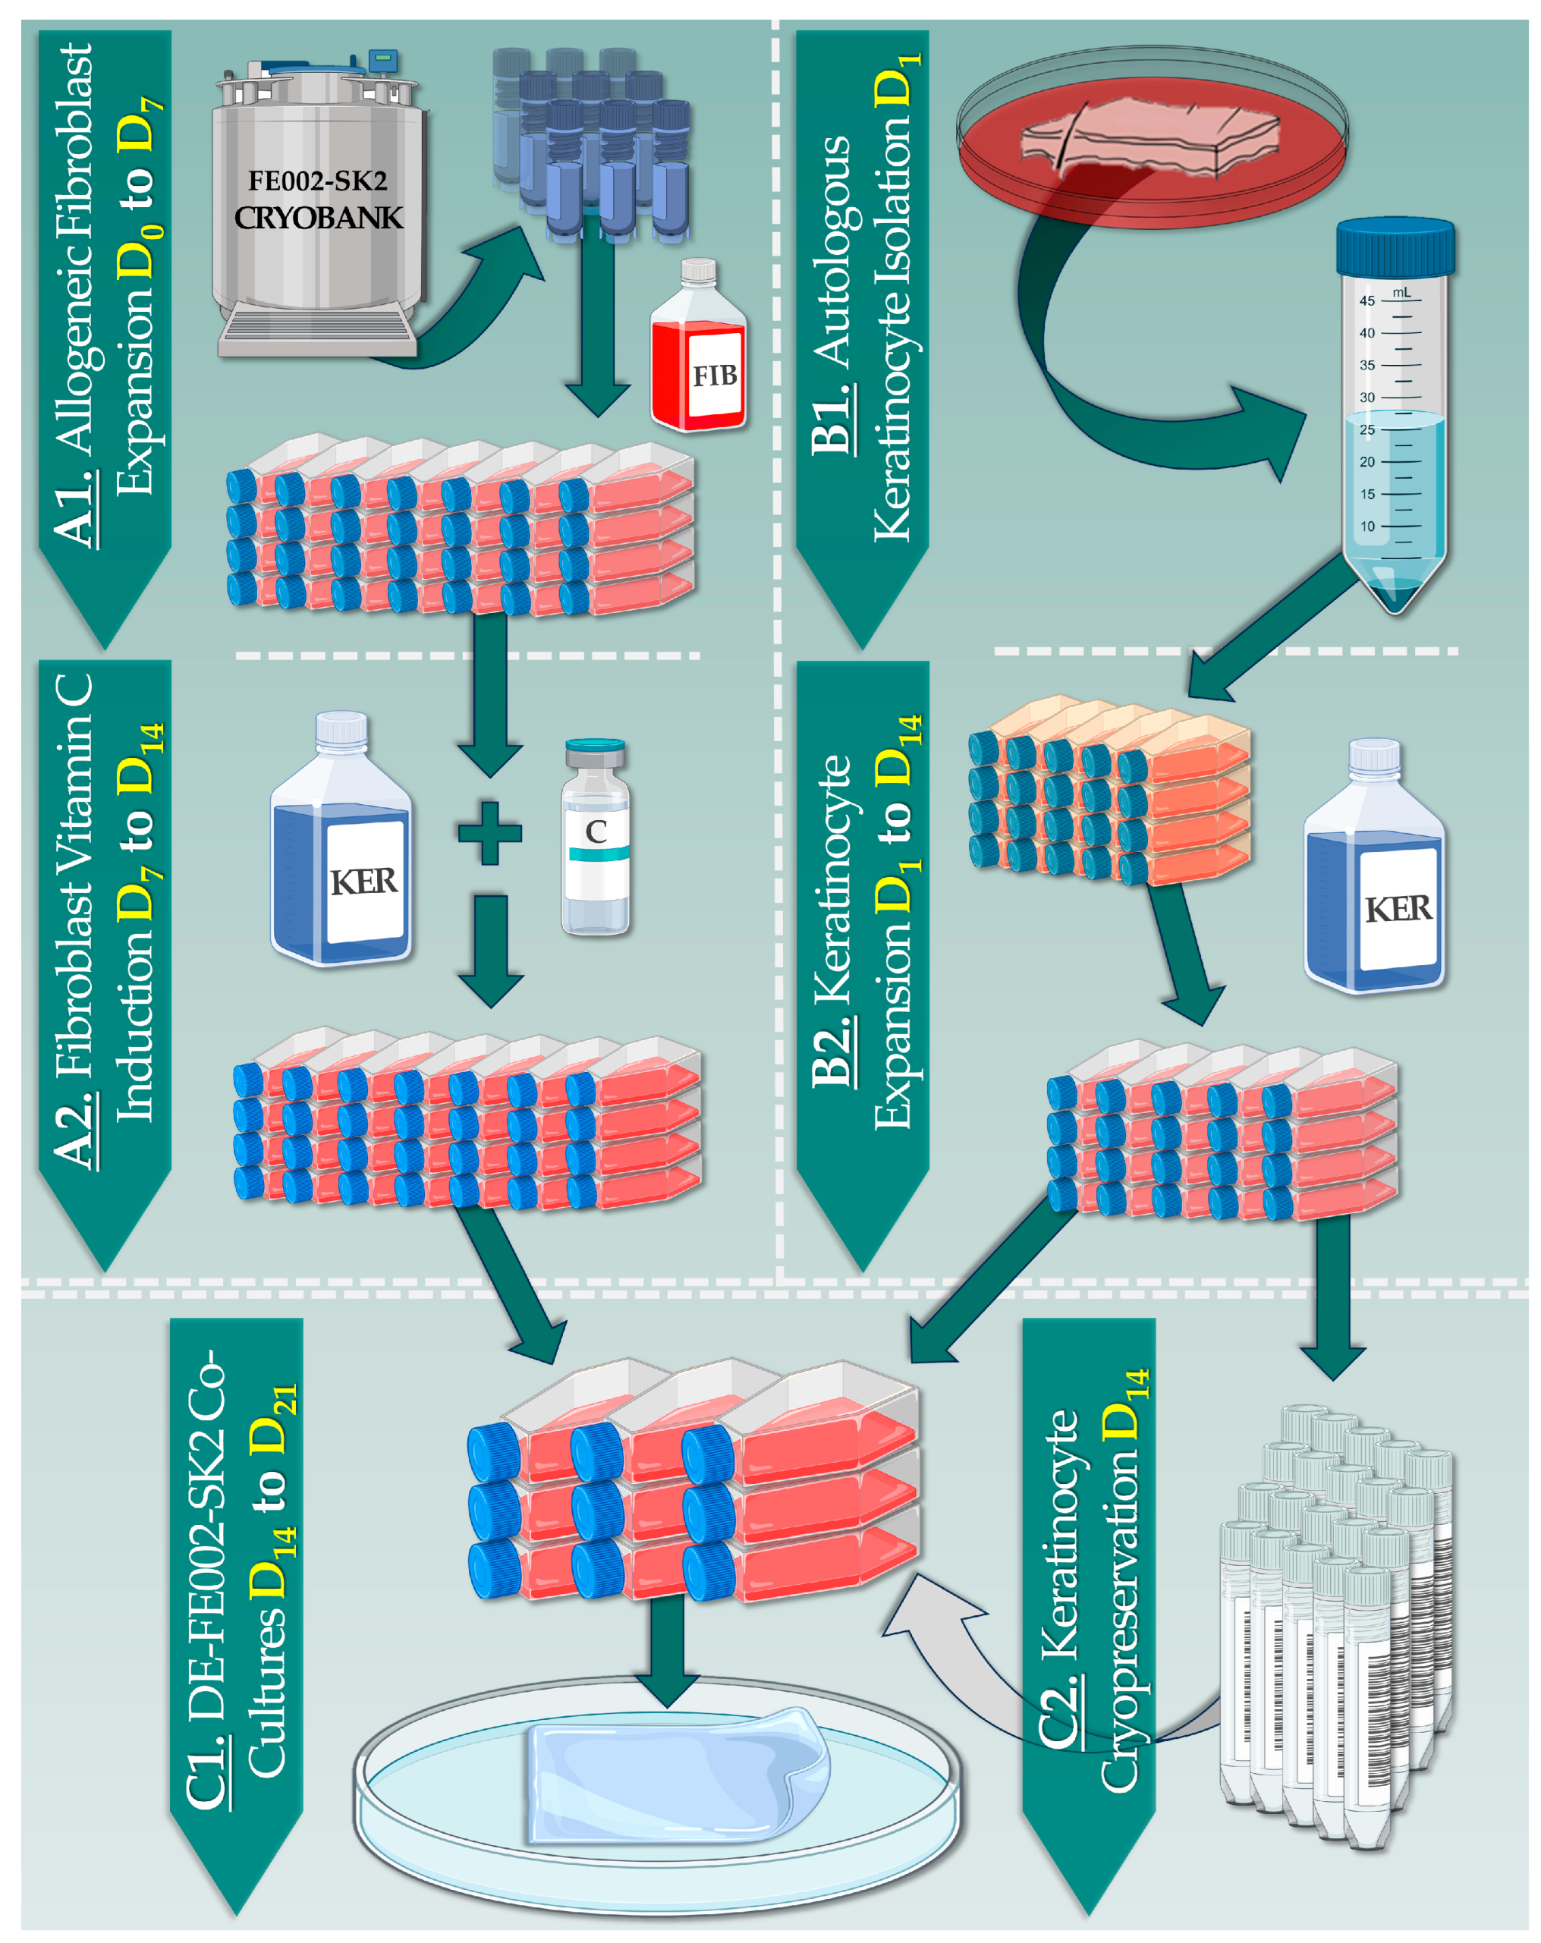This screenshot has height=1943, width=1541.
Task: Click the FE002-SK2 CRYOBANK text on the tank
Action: (x=317, y=200)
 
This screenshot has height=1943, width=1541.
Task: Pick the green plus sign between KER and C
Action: (x=489, y=832)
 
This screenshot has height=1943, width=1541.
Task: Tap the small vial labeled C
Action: (x=595, y=838)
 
